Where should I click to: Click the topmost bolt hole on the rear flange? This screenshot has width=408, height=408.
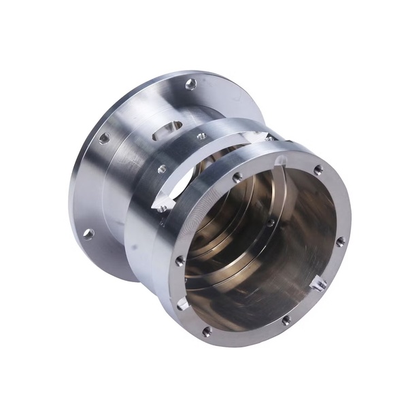point(191,84)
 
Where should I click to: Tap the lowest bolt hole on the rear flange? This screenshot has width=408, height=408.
point(88,234)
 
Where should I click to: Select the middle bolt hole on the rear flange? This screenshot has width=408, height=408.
point(104,138)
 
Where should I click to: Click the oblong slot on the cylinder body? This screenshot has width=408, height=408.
point(167,129)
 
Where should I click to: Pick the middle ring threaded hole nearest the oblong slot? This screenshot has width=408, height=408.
point(201,136)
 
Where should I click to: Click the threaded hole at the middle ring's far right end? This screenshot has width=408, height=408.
point(270,138)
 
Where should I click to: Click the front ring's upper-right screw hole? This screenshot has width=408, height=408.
point(318,170)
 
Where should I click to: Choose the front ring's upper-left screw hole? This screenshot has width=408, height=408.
point(237,177)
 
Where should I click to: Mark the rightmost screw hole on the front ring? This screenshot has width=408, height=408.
point(340,241)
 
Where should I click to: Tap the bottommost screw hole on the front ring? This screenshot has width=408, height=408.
point(207,331)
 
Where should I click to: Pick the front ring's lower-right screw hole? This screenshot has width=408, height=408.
point(286,320)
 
